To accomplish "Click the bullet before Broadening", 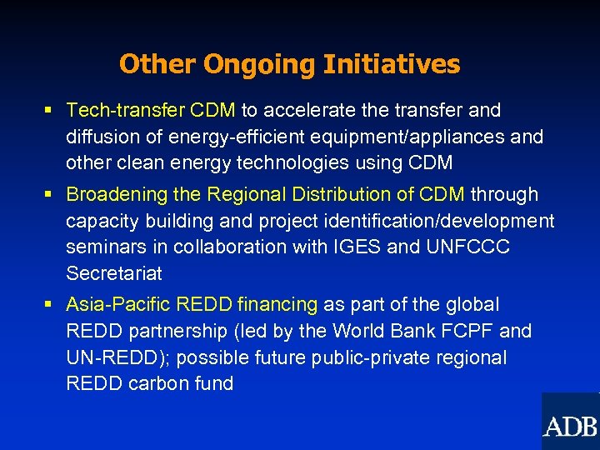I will [49, 195].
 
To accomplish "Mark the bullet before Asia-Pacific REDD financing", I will [49, 305].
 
